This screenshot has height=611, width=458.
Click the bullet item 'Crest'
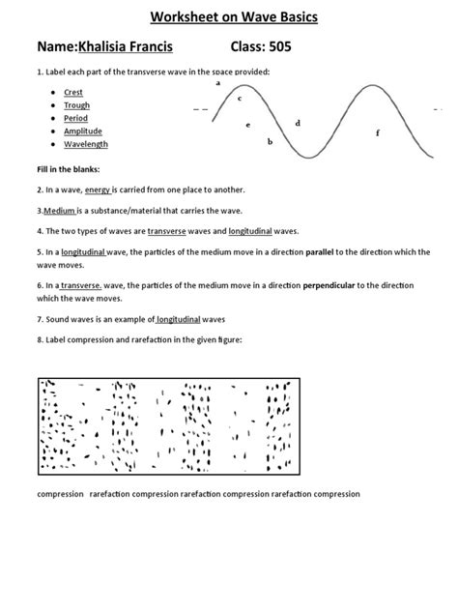click(x=73, y=93)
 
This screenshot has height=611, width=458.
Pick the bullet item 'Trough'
click(x=76, y=105)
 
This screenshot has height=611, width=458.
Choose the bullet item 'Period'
click(x=75, y=118)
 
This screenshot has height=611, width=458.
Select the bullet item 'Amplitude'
click(x=82, y=131)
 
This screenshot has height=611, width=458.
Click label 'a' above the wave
click(x=218, y=84)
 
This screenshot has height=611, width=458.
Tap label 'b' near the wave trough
click(x=270, y=142)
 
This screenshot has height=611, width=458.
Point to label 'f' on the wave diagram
click(x=378, y=132)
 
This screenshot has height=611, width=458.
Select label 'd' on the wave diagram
click(x=298, y=123)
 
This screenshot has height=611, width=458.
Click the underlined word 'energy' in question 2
click(x=99, y=189)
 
